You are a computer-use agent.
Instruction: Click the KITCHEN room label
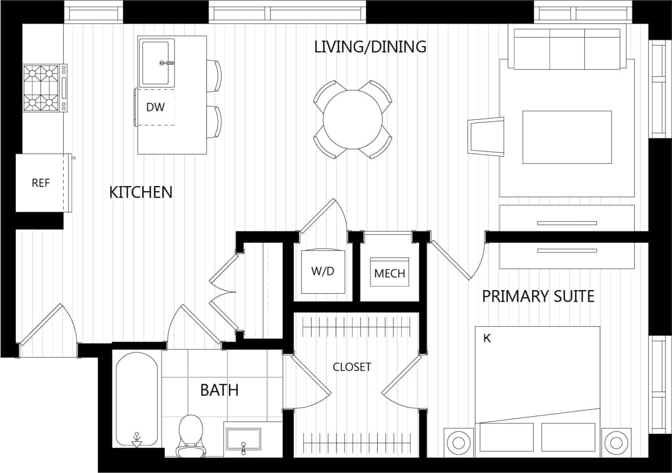click(140, 192)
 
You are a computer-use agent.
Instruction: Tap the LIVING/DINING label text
click(370, 47)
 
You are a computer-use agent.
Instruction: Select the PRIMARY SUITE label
click(538, 296)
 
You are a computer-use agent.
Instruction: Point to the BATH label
click(219, 390)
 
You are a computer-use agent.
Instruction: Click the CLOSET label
click(351, 367)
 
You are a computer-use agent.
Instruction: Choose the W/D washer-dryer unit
click(323, 272)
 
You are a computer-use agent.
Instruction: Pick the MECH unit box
click(389, 273)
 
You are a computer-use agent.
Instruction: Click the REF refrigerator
click(41, 183)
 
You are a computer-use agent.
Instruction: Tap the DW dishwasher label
click(155, 107)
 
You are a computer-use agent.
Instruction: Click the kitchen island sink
click(156, 63)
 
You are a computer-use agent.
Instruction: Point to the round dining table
click(353, 120)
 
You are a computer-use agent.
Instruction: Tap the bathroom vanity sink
click(243, 439)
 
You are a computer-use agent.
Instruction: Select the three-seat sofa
click(567, 49)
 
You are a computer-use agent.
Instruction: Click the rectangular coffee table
click(566, 137)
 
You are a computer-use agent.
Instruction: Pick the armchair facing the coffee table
click(486, 137)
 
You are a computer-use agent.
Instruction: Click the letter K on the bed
click(487, 338)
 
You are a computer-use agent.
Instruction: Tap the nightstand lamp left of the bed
click(460, 443)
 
